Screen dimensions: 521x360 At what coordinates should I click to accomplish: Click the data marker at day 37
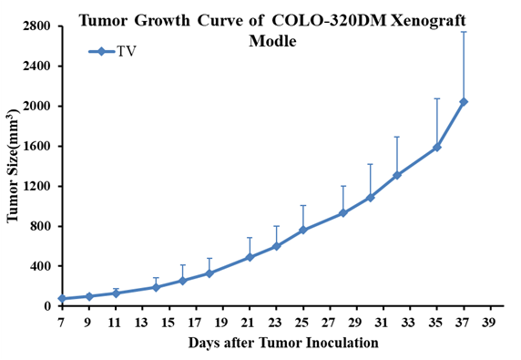(464, 102)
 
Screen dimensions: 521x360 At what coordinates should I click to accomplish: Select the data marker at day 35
(437, 147)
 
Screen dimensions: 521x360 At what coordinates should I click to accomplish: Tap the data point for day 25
(303, 230)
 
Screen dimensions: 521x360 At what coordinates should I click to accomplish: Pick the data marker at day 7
(62, 299)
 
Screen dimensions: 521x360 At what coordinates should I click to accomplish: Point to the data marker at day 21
(250, 257)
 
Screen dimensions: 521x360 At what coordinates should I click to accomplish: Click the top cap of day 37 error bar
(464, 32)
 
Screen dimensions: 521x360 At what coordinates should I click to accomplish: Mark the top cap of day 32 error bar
(397, 137)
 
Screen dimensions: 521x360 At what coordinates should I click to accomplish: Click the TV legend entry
(112, 52)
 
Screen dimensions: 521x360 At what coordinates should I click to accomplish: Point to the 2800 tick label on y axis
(36, 26)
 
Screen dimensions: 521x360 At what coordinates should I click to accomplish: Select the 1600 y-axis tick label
(36, 146)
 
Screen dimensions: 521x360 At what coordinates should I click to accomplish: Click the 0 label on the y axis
(47, 306)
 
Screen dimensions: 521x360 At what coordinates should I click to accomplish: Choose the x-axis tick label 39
(490, 322)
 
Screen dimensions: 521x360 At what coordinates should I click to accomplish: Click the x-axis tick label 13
(142, 322)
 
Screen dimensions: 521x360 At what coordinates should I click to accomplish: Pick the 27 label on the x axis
(330, 322)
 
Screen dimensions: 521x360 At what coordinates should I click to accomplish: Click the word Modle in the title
(272, 41)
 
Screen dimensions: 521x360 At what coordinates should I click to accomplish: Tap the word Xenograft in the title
(428, 21)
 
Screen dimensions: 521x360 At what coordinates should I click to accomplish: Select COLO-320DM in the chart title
(329, 21)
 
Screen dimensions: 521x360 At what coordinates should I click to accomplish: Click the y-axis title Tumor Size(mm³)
(13, 166)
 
